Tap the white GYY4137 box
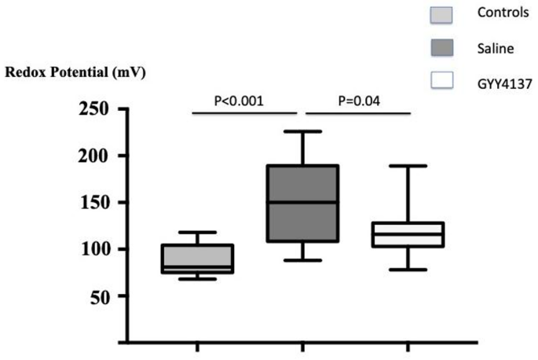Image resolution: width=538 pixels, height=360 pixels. pos(408,234)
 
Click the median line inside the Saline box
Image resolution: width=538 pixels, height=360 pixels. pos(302,202)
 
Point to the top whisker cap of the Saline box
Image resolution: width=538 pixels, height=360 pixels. pos(302,131)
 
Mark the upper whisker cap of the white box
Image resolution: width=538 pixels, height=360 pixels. pos(408,166)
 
